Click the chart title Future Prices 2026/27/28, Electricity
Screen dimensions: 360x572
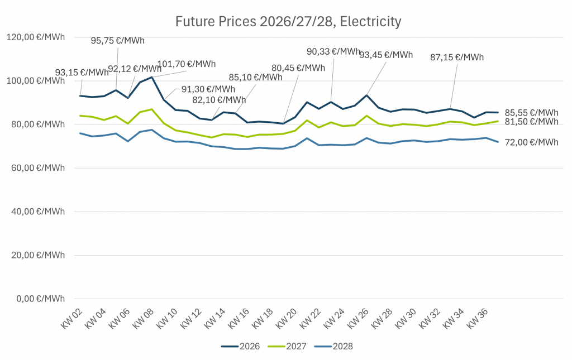tap(288, 22)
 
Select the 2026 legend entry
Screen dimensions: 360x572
tap(241, 346)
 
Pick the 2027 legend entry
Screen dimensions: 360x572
tap(288, 346)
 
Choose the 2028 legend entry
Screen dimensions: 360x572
tap(334, 346)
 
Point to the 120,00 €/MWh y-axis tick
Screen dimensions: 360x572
tap(35, 37)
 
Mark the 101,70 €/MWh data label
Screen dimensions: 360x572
tap(186, 64)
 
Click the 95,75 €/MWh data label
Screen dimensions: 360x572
tap(117, 40)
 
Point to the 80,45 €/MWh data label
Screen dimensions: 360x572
tap(298, 68)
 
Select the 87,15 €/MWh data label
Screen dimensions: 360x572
tap(457, 57)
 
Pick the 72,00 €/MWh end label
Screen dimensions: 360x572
tap(531, 142)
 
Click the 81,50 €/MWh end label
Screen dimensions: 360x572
tap(531, 122)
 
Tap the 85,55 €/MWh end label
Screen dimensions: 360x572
tap(531, 112)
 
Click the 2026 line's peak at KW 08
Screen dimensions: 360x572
tap(151, 77)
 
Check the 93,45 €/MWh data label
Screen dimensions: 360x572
tap(386, 55)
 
